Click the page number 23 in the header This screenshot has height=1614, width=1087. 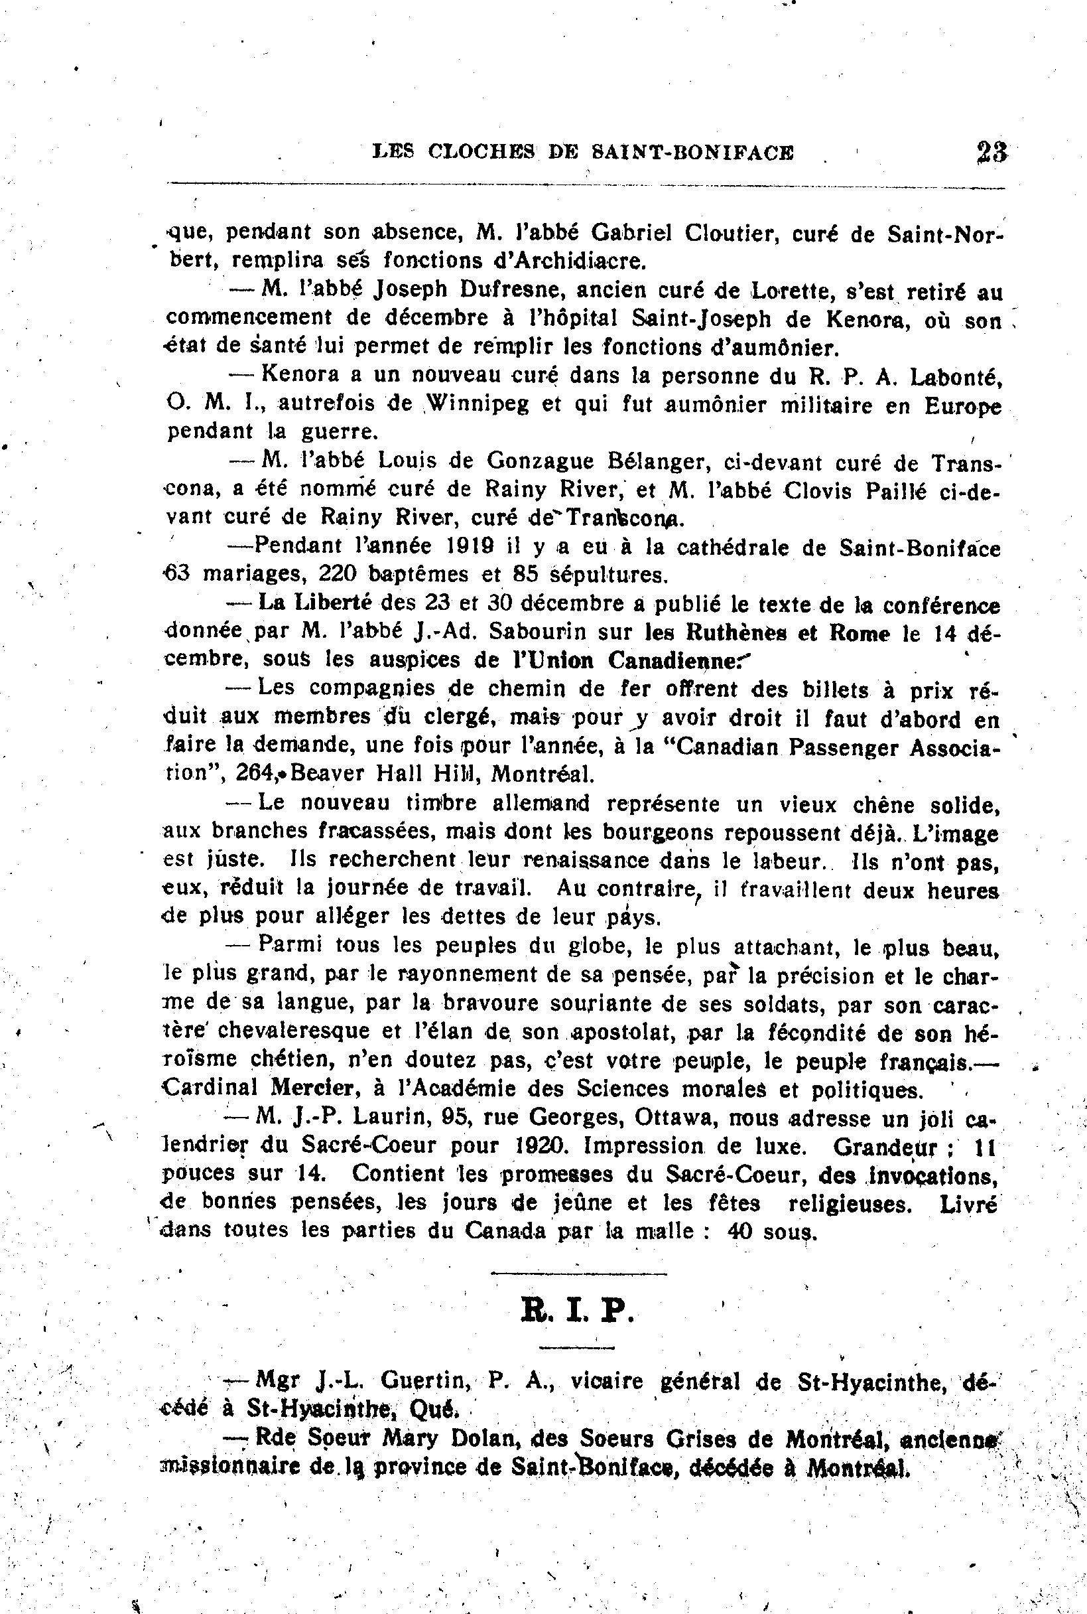click(991, 152)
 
